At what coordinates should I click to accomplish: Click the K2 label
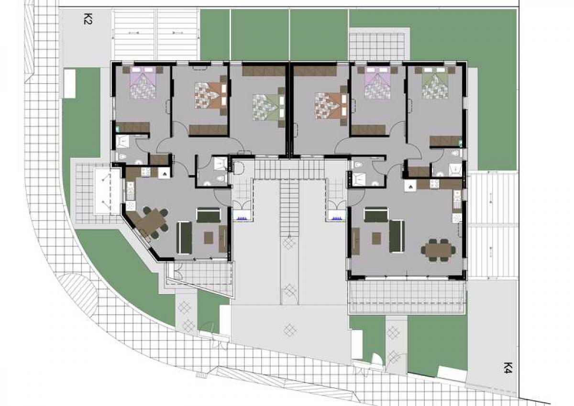click(88, 19)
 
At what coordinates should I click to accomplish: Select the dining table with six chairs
click(439, 250)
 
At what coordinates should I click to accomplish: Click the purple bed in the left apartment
click(143, 82)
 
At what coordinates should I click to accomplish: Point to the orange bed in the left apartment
click(211, 95)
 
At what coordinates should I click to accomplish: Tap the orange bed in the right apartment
click(331, 106)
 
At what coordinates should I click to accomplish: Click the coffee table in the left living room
click(209, 238)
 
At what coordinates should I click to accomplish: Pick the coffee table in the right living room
click(376, 238)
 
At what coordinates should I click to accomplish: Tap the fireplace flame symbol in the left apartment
click(164, 174)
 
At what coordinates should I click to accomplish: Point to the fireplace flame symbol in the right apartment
click(410, 186)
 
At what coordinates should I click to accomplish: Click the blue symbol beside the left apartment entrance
click(242, 219)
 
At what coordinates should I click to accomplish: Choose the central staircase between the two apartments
click(289, 208)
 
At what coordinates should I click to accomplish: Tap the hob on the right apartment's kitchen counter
click(434, 184)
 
